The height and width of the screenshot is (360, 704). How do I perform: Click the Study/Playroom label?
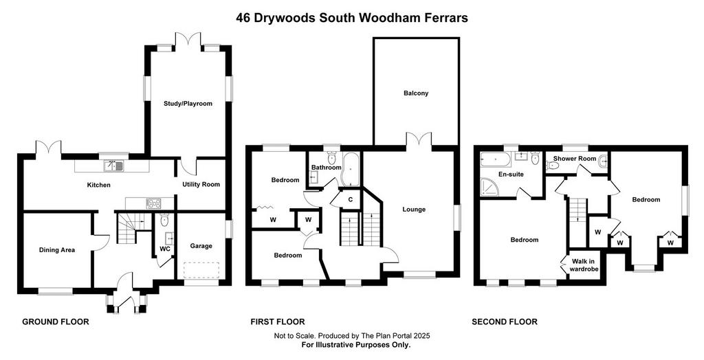click(x=188, y=104)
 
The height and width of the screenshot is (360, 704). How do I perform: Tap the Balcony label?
click(x=416, y=93)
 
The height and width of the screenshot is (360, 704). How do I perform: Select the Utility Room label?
click(x=201, y=185)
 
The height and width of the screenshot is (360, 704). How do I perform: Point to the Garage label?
click(x=201, y=246)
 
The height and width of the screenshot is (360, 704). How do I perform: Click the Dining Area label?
click(x=56, y=250)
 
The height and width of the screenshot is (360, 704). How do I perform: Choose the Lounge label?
click(x=413, y=209)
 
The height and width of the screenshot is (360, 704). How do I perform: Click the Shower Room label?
click(x=574, y=159)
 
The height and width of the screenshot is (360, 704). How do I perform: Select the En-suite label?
click(x=511, y=175)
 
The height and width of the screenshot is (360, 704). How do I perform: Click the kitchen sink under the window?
click(x=113, y=166)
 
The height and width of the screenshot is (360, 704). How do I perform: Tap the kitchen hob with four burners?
click(x=153, y=204)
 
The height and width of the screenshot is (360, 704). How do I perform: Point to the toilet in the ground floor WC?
click(x=164, y=219)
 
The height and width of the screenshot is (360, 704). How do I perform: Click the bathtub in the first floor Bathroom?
click(x=349, y=170)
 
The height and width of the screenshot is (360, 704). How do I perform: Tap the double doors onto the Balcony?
click(x=419, y=139)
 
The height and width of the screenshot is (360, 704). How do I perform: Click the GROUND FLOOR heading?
click(x=56, y=322)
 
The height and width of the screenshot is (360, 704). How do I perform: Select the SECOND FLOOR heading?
click(x=504, y=322)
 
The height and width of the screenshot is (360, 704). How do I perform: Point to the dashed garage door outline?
click(x=201, y=270)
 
